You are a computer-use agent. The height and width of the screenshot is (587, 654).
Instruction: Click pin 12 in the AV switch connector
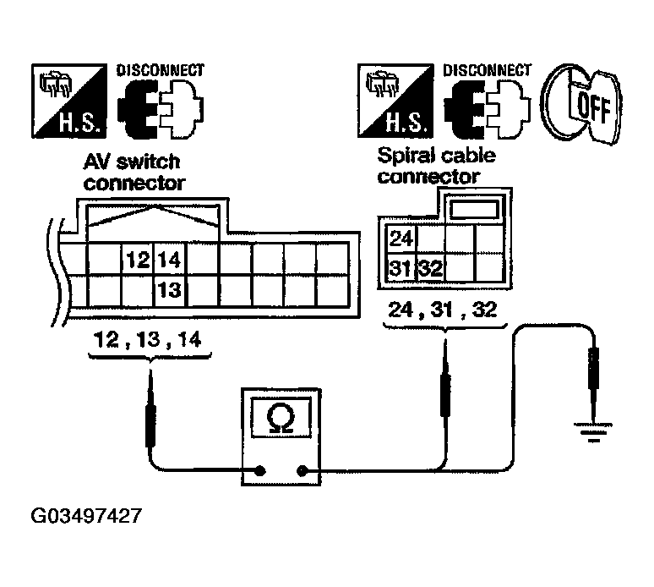138,260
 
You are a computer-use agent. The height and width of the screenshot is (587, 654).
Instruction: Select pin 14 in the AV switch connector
170,260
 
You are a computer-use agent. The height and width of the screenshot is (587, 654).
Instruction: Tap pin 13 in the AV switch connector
170,290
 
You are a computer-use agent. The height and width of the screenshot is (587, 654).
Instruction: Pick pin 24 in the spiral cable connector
401,239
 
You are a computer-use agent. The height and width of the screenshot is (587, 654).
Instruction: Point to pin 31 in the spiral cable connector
401,267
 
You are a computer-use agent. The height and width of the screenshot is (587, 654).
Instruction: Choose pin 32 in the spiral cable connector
431,267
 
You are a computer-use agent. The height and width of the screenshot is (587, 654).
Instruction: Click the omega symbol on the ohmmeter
281,419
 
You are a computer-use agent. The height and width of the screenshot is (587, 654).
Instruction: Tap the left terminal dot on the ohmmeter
260,471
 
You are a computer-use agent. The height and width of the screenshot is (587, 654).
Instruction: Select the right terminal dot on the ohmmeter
302,471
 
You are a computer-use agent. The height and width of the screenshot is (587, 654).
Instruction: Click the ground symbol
593,432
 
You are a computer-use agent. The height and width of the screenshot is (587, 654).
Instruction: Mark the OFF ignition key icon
581,104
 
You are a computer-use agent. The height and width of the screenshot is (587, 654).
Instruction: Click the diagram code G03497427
86,516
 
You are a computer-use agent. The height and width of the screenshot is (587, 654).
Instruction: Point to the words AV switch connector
134,173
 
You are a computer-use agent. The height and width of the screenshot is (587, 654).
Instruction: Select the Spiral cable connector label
437,166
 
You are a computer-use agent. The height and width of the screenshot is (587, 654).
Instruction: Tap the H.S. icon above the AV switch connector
69,101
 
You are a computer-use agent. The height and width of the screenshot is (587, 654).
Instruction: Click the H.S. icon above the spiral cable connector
395,101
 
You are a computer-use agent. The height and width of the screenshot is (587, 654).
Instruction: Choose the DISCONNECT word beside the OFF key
488,70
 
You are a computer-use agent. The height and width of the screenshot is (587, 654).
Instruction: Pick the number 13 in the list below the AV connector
149,339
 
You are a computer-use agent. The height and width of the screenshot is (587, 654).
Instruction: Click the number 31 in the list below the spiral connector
442,310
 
